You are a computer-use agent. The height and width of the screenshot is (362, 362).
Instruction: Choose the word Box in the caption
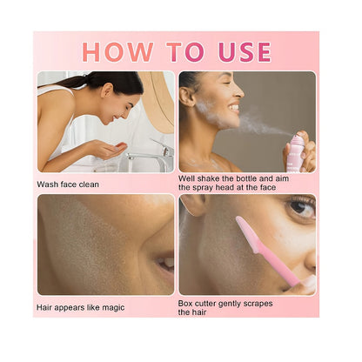[x=187, y=302]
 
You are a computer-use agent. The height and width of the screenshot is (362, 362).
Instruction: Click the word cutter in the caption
[x=212, y=302]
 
